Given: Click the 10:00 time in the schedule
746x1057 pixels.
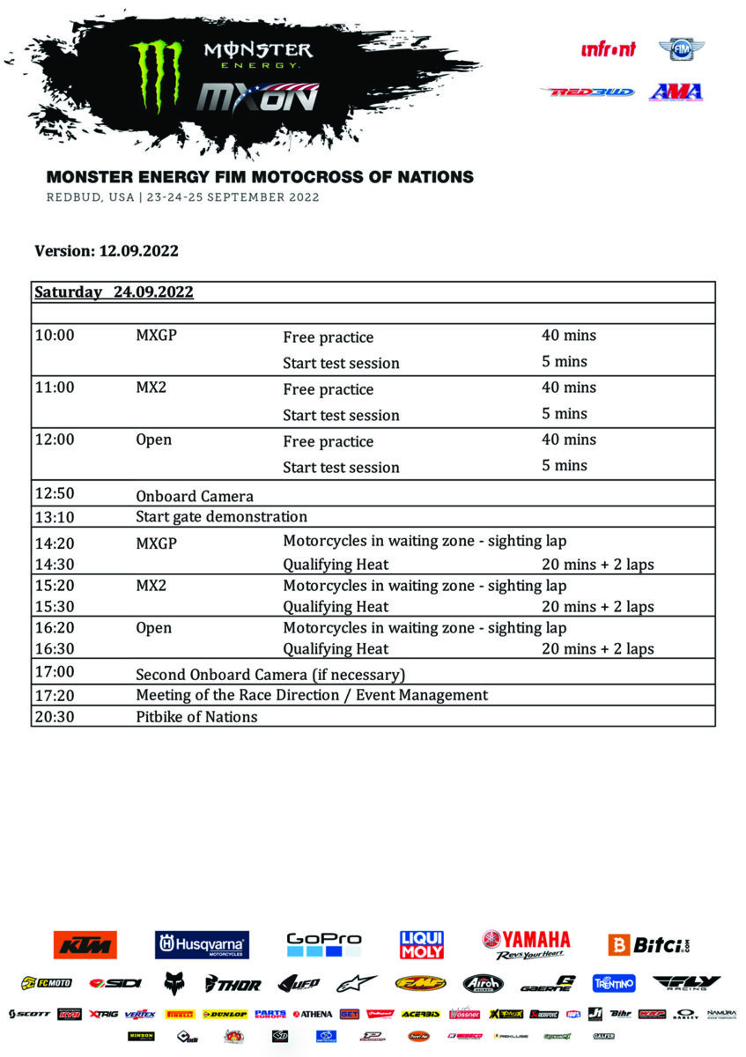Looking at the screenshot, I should point(54,336).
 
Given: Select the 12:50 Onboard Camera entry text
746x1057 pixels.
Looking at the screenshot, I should point(194,495).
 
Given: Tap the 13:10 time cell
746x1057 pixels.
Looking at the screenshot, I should point(54,516).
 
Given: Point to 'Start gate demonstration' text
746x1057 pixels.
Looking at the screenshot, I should point(221,516).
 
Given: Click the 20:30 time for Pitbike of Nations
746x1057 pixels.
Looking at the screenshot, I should point(54,716).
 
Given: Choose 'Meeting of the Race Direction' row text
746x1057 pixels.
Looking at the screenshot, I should point(311,695).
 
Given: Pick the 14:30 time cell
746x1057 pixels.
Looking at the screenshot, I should point(54,564).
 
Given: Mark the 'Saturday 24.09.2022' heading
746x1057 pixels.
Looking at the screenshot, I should point(114,292).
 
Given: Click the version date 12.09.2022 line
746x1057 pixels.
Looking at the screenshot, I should point(107,251).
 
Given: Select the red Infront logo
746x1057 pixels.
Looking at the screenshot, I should point(608,49).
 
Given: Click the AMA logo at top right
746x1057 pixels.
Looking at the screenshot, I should point(676,92).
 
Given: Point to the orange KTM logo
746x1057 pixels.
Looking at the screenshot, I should point(85,944).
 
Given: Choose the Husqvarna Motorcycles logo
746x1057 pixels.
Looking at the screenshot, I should point(202,945).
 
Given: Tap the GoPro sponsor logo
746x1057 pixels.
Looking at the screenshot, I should point(324,944).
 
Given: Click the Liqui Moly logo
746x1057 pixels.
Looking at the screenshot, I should point(422,944).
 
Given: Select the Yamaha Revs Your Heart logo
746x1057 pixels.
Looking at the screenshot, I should point(526,944).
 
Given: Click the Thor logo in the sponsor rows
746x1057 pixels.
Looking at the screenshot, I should point(233,983).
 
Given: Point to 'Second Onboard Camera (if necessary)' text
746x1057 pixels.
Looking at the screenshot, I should point(270,674).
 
